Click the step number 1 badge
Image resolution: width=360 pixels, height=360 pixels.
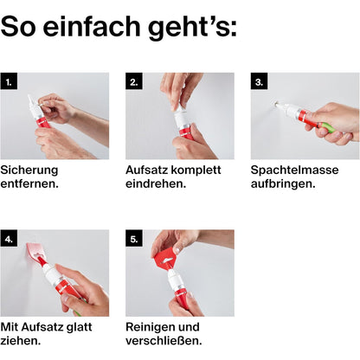pos(9,81)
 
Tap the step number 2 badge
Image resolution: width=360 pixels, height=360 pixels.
pos(134,81)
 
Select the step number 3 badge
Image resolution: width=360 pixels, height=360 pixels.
pos(259,81)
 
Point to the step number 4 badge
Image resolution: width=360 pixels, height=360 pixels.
pos(9,238)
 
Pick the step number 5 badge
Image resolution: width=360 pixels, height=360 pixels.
pos(134,238)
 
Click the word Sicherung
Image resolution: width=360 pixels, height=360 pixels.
pos(29,170)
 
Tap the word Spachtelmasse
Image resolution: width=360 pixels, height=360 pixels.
pos(294,170)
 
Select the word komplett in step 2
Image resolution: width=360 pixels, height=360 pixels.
pos(198,170)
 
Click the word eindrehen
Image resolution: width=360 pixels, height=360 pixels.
pos(156,183)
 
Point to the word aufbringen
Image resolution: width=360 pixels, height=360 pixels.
pos(283,184)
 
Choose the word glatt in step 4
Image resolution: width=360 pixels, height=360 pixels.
pos(79,327)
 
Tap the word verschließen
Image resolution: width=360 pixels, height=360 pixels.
pos(164,341)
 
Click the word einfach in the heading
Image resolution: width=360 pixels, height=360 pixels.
pos(92,27)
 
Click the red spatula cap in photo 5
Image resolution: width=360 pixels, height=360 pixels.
pos(166,258)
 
